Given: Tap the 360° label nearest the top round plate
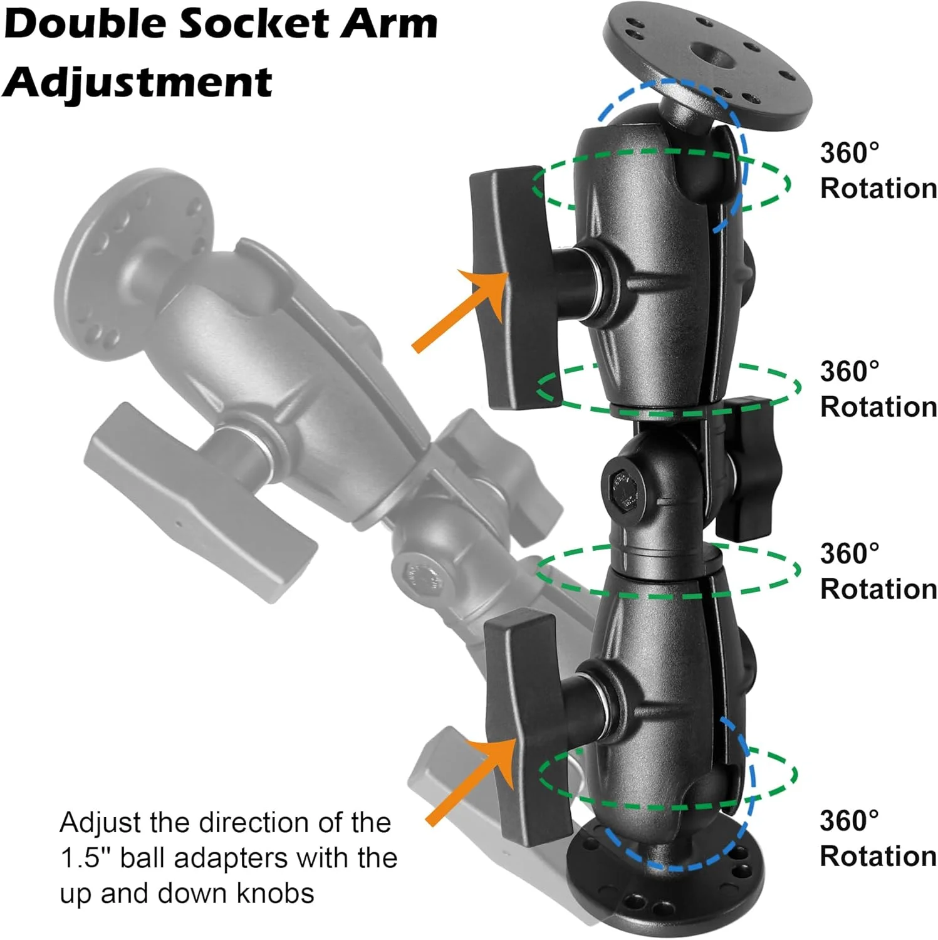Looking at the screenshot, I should point(849,153).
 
